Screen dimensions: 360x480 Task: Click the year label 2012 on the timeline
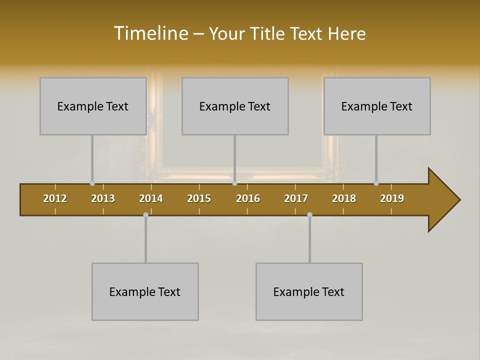pyautogui.click(x=55, y=198)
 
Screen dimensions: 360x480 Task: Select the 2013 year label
pyautogui.click(x=103, y=198)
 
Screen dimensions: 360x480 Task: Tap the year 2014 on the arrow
pyautogui.click(x=151, y=198)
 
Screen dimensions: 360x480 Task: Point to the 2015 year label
pyautogui.click(x=199, y=198)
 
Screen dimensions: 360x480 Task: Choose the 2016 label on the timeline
pyautogui.click(x=248, y=198)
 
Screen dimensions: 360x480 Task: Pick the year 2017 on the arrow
pyautogui.click(x=296, y=198)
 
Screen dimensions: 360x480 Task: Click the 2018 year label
pyautogui.click(x=344, y=198)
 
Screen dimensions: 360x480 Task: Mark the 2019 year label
pyautogui.click(x=392, y=198)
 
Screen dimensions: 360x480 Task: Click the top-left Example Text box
pyautogui.click(x=93, y=106)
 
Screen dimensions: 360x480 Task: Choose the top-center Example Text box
pyautogui.click(x=235, y=106)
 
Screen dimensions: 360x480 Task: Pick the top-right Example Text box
pyautogui.click(x=377, y=106)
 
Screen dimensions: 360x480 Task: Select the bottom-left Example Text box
pyautogui.click(x=145, y=291)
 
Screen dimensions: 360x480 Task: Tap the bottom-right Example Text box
pyautogui.click(x=309, y=291)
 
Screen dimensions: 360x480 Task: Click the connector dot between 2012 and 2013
pyautogui.click(x=92, y=183)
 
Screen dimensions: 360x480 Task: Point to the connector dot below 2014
pyautogui.click(x=145, y=214)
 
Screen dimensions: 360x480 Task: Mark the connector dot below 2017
pyautogui.click(x=309, y=214)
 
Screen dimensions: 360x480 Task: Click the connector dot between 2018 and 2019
pyautogui.click(x=376, y=183)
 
